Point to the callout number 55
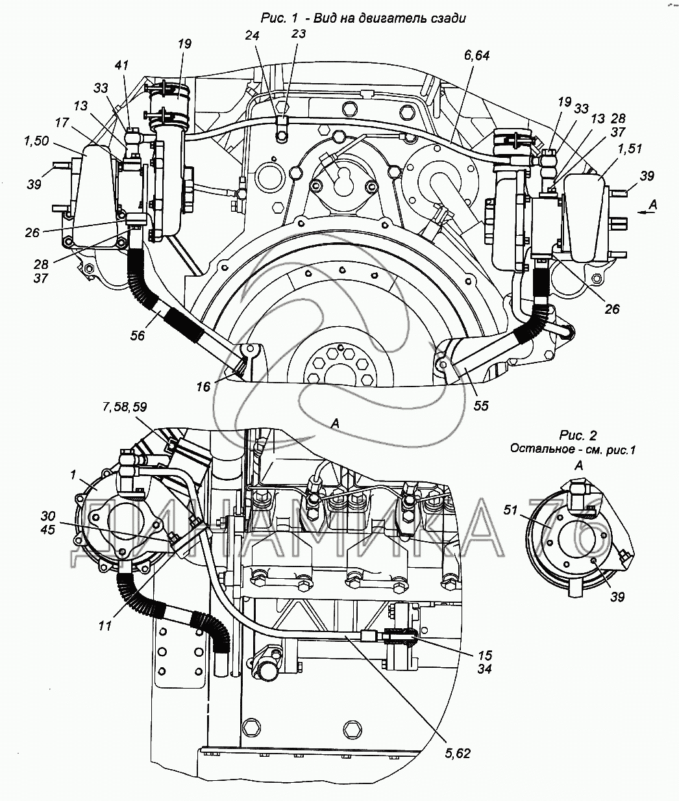point(481,405)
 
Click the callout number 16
point(204,387)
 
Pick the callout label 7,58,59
point(125,407)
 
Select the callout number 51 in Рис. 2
point(510,511)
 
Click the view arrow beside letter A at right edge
point(644,210)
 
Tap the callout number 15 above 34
point(484,655)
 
